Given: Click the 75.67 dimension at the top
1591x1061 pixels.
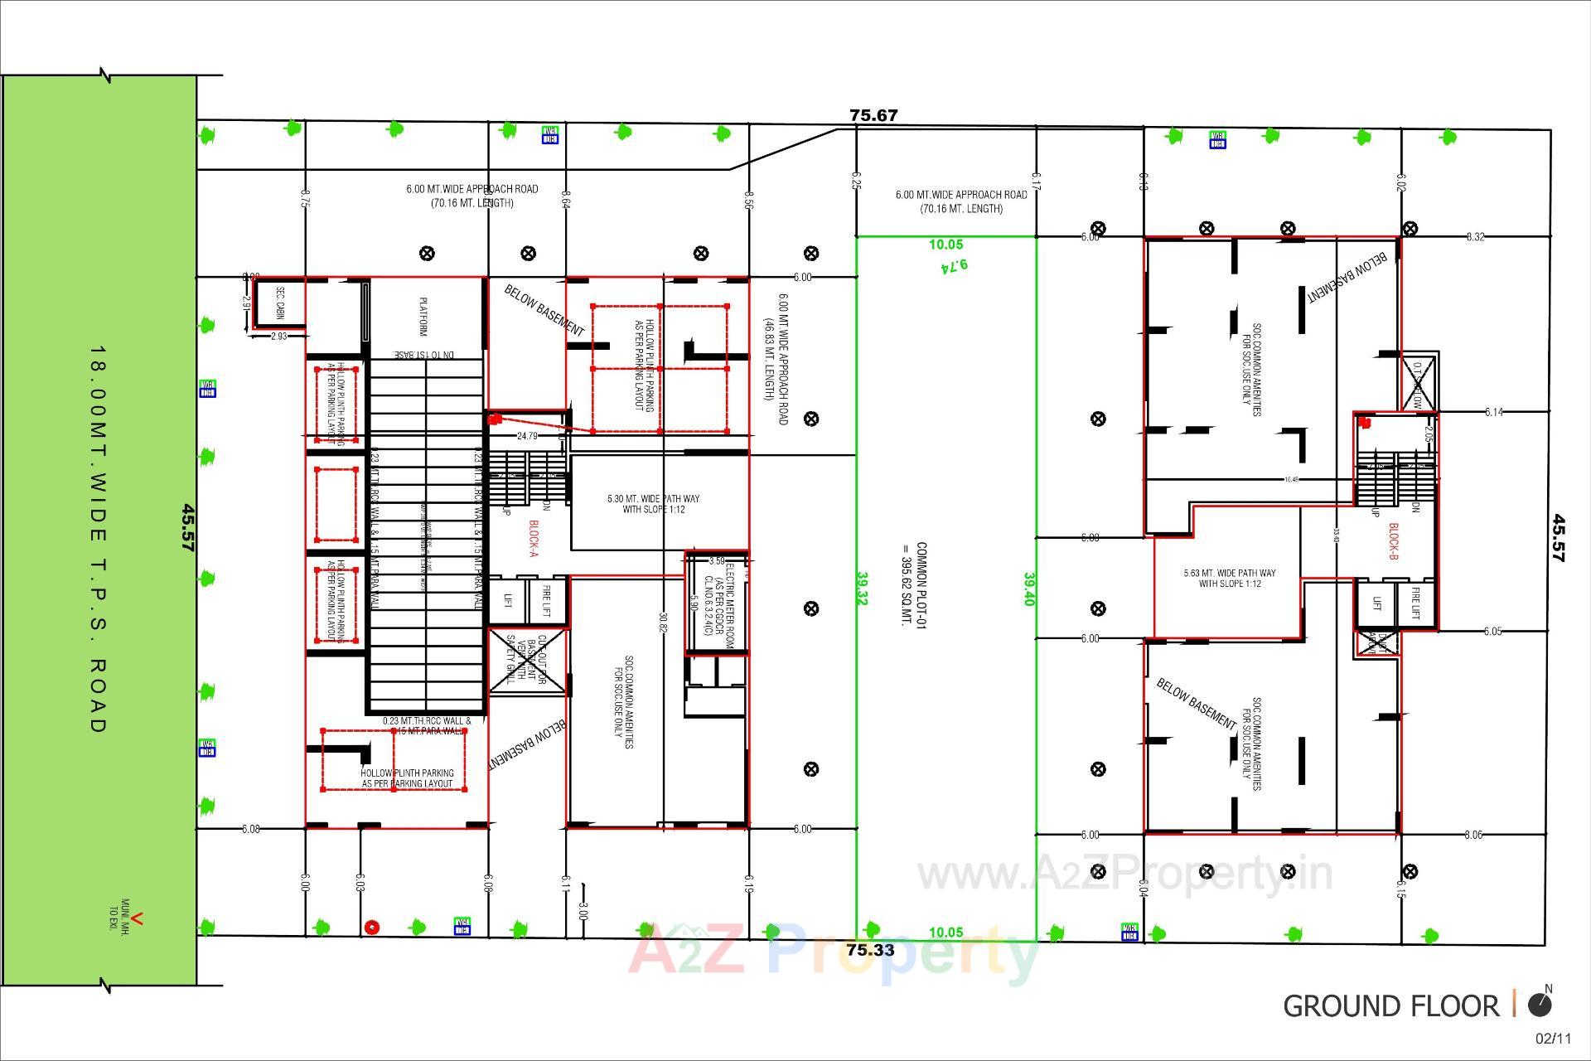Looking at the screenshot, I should tap(873, 115).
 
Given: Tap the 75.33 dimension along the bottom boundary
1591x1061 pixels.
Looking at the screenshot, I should tap(871, 950).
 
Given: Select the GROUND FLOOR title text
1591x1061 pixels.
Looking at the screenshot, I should tap(1390, 1006).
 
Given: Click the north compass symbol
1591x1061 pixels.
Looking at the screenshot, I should tap(1540, 1005).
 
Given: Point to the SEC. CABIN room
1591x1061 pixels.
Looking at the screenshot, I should tap(279, 303).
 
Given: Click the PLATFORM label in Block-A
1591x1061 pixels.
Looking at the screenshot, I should tap(423, 317).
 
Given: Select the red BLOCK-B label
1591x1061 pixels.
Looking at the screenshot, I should tap(1393, 541).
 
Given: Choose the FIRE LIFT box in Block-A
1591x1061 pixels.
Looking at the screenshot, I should tap(546, 601).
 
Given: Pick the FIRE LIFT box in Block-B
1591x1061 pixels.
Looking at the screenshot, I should tap(1415, 603).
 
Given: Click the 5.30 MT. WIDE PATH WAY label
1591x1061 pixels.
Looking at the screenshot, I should tap(653, 504).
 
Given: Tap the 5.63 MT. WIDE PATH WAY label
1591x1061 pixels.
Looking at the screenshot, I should tap(1230, 578).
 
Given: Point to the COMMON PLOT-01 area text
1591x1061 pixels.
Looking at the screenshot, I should tap(914, 584).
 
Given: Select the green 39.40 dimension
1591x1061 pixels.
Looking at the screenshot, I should tap(1029, 589).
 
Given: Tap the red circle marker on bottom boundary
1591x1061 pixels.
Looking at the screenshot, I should tap(372, 927).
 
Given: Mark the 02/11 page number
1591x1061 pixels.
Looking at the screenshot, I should tap(1553, 1039).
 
